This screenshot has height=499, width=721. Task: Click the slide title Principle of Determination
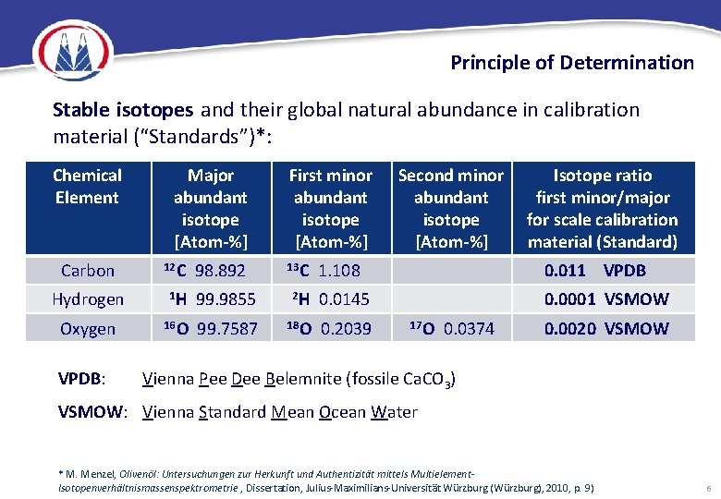[571, 63]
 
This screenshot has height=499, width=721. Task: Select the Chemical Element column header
[87, 187]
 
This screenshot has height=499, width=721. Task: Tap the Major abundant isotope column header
[211, 208]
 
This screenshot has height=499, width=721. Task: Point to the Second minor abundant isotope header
[450, 208]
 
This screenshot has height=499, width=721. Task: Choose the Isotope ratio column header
[602, 208]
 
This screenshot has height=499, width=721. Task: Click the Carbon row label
[88, 271]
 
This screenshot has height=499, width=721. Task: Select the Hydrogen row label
[88, 299]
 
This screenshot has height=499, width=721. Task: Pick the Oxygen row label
[88, 329]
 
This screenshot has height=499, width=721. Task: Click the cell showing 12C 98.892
[211, 271]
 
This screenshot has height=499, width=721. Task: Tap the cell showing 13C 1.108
[329, 271]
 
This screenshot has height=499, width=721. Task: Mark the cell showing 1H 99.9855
[211, 299]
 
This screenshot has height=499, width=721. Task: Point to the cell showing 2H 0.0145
[329, 299]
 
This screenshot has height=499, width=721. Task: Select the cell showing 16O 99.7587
[211, 329]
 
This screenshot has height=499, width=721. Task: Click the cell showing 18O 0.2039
[329, 329]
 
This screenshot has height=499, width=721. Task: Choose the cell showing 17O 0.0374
[450, 329]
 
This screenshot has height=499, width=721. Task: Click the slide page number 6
[706, 488]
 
